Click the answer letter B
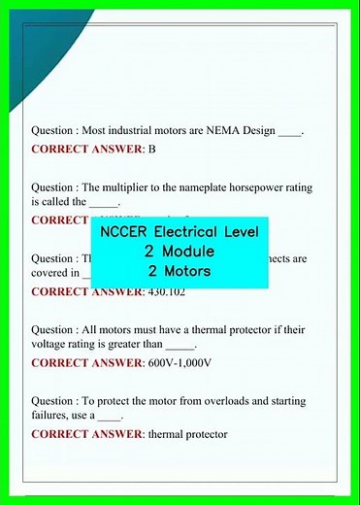pos(152,149)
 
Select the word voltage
pos(51,343)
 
